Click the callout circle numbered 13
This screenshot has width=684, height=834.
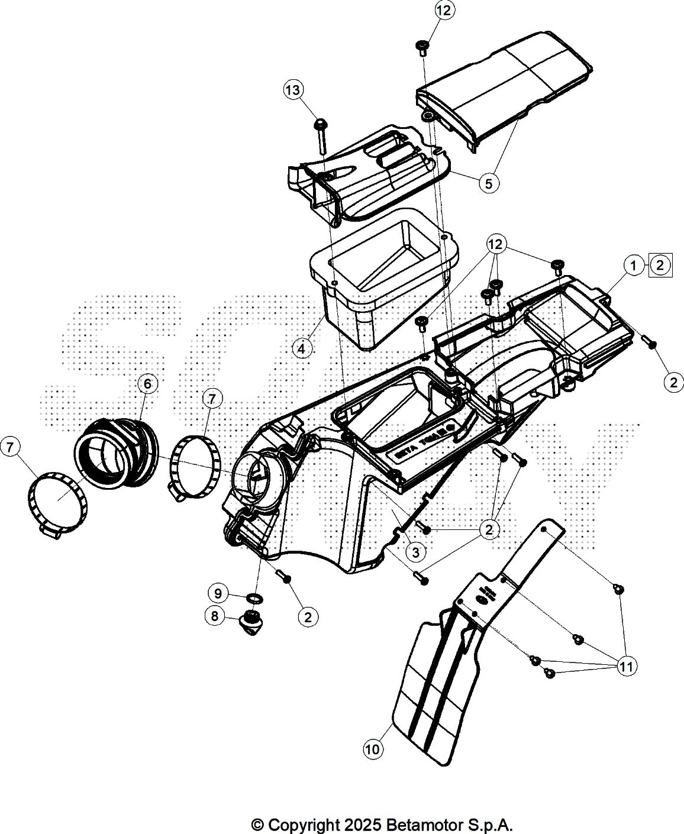click(293, 90)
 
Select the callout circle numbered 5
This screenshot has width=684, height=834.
click(488, 183)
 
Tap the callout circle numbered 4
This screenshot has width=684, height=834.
click(302, 348)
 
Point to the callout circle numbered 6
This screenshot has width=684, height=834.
click(147, 384)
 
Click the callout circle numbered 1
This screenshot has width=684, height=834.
click(634, 266)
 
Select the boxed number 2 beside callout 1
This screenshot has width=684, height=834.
click(661, 265)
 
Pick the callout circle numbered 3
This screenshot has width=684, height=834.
click(416, 552)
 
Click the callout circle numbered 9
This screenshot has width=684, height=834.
click(218, 593)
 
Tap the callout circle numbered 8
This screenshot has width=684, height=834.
click(215, 616)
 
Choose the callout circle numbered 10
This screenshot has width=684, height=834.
click(373, 749)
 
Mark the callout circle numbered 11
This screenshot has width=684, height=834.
click(627, 667)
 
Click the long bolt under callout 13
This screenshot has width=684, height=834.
click(321, 136)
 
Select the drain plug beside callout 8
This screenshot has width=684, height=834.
click(253, 622)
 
